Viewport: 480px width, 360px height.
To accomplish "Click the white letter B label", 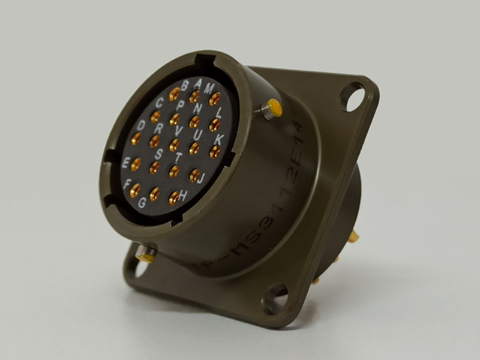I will [x=185, y=83].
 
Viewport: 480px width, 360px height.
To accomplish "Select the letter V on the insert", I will [x=178, y=130].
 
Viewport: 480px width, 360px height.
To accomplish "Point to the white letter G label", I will [x=142, y=203].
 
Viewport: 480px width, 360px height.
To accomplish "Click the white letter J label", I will [x=202, y=178].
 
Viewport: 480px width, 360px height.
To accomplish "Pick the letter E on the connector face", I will [x=125, y=162].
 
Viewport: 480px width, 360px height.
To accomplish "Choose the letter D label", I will [x=141, y=125].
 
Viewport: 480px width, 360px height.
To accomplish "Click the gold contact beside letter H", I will [x=174, y=197].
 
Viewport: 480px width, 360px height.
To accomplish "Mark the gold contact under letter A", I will [x=195, y=95].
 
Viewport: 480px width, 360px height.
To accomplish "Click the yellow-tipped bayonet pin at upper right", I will [x=273, y=110].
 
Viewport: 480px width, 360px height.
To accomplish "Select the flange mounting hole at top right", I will [x=353, y=96].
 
